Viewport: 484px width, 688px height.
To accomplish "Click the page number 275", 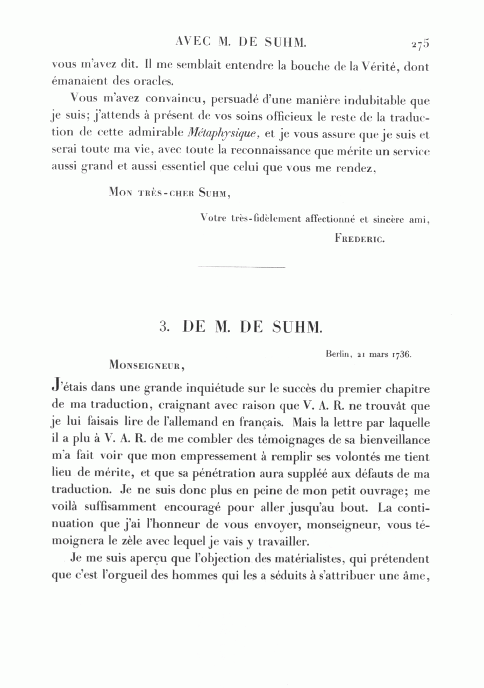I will tap(419, 45).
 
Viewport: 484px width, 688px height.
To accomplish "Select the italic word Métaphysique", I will tap(220, 133).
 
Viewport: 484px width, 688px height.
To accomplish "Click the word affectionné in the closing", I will tap(330, 219).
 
